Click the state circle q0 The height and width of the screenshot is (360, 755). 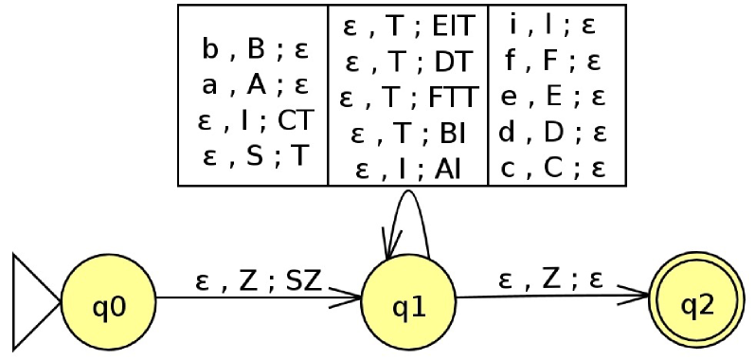click(x=108, y=305)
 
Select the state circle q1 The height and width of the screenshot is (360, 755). click(x=408, y=305)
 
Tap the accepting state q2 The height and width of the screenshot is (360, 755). click(x=697, y=305)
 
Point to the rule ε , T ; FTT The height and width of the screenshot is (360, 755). click(x=409, y=97)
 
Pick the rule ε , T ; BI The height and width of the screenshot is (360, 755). click(x=409, y=133)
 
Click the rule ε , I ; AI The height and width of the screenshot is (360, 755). click(x=409, y=169)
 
